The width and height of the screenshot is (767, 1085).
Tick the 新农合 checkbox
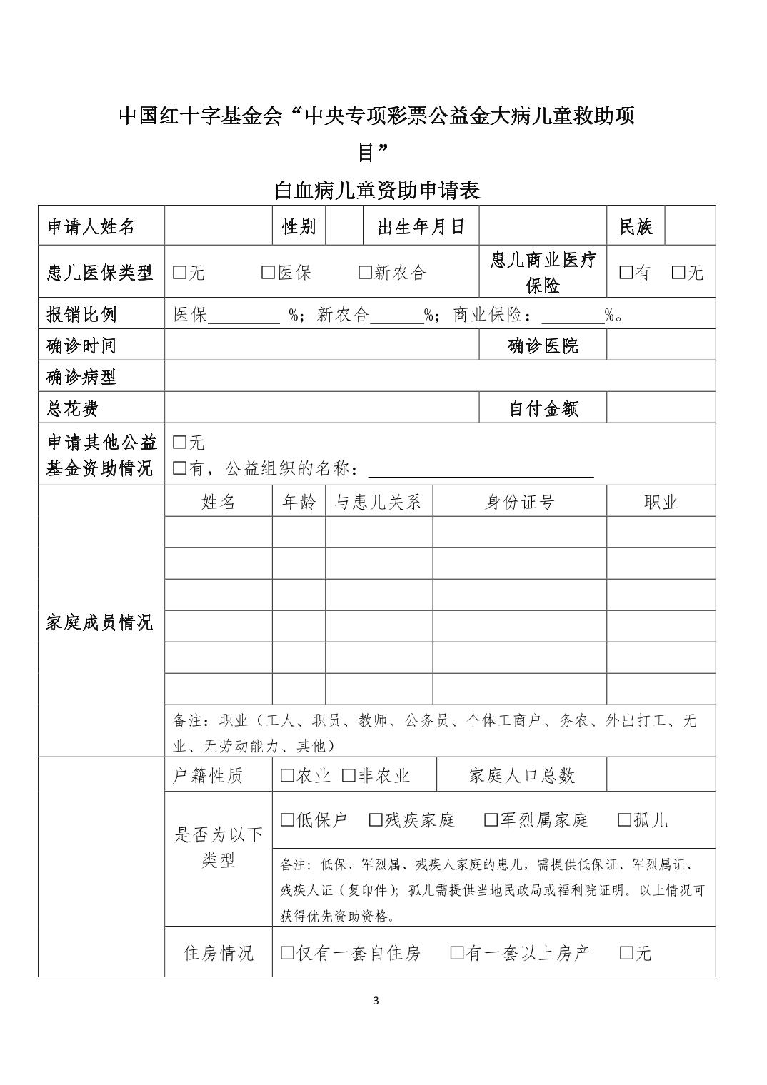[x=365, y=273]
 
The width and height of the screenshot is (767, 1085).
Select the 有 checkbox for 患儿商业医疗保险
[x=626, y=273]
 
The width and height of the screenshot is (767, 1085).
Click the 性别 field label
[x=299, y=227]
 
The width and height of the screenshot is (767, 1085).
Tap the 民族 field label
[x=636, y=227]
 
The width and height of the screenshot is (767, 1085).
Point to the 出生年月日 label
[x=421, y=227]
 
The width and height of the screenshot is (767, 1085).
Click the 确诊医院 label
[x=543, y=346]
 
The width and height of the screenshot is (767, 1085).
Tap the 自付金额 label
[x=543, y=409]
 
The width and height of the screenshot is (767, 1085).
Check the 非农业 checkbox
[x=349, y=776]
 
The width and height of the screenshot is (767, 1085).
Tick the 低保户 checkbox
[x=287, y=820]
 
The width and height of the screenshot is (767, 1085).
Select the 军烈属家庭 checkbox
[x=491, y=820]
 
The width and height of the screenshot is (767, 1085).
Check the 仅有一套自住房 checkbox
[x=287, y=953]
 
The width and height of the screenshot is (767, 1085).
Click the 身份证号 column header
[x=519, y=503]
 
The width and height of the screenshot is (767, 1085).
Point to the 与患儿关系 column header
[x=379, y=503]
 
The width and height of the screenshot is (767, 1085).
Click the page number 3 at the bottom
[x=376, y=1000]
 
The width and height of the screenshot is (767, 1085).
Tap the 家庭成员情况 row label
[x=100, y=622]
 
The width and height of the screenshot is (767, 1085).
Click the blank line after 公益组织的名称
[x=480, y=471]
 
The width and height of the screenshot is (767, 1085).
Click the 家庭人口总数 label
[x=521, y=776]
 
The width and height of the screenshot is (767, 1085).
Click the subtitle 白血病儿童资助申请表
[x=377, y=191]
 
